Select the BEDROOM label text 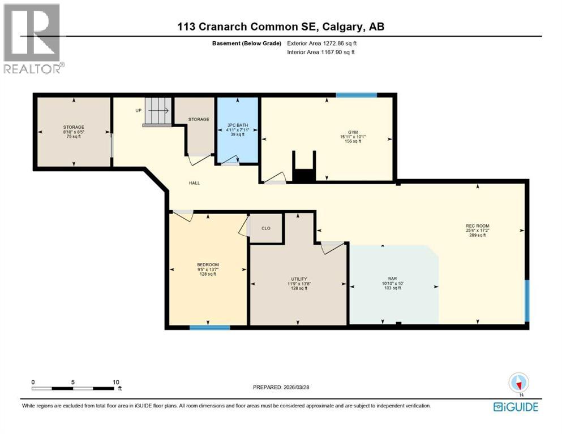[x=208, y=265]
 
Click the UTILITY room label [x=299, y=279]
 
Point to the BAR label [x=392, y=278]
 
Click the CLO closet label [x=266, y=229]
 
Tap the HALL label [x=194, y=183]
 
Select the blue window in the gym [x=357, y=95]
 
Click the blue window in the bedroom [x=209, y=327]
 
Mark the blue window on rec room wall [x=527, y=300]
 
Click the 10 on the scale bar [x=115, y=382]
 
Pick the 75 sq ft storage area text [x=74, y=136]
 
